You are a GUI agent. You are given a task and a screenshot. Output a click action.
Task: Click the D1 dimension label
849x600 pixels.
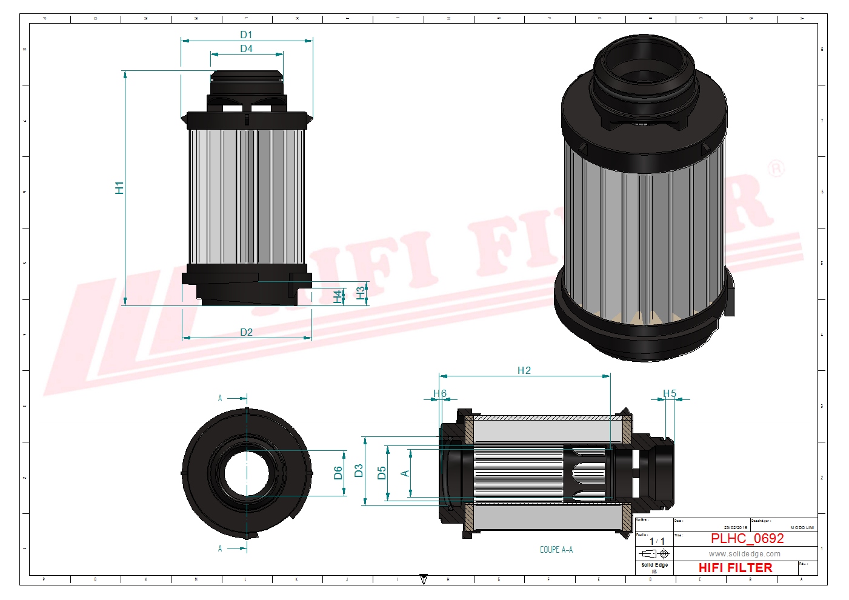(246, 35)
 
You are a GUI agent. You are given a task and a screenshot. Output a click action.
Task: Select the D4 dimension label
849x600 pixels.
(246, 48)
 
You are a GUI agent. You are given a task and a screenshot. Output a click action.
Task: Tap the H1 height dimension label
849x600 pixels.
(119, 188)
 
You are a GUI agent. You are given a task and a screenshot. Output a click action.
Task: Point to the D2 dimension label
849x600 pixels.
(246, 332)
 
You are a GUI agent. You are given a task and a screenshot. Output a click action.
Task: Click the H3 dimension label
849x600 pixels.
(361, 293)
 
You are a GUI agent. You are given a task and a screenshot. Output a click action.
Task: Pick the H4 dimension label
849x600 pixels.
(338, 296)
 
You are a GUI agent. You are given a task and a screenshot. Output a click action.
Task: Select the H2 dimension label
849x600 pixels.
(524, 370)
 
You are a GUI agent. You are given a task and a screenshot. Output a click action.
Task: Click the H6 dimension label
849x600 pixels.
(440, 394)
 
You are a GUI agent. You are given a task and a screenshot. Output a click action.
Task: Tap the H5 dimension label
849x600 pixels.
(669, 394)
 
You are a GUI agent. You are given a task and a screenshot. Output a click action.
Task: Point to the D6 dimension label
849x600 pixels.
(338, 473)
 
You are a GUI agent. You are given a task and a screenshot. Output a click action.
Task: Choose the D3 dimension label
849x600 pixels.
(359, 471)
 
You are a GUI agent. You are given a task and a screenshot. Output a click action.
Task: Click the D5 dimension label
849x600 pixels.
(382, 473)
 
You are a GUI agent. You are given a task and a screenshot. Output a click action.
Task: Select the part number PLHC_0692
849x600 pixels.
(747, 538)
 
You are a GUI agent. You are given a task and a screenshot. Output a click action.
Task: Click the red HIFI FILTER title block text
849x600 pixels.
(735, 568)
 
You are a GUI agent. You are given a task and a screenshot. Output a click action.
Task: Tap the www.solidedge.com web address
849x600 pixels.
(745, 554)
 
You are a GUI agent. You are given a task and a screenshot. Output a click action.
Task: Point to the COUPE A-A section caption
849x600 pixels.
(556, 550)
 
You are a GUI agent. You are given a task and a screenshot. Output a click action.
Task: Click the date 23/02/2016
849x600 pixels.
(736, 528)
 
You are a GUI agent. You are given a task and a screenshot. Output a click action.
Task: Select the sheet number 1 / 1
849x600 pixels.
(657, 541)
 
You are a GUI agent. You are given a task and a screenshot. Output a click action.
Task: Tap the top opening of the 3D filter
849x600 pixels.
(643, 67)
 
